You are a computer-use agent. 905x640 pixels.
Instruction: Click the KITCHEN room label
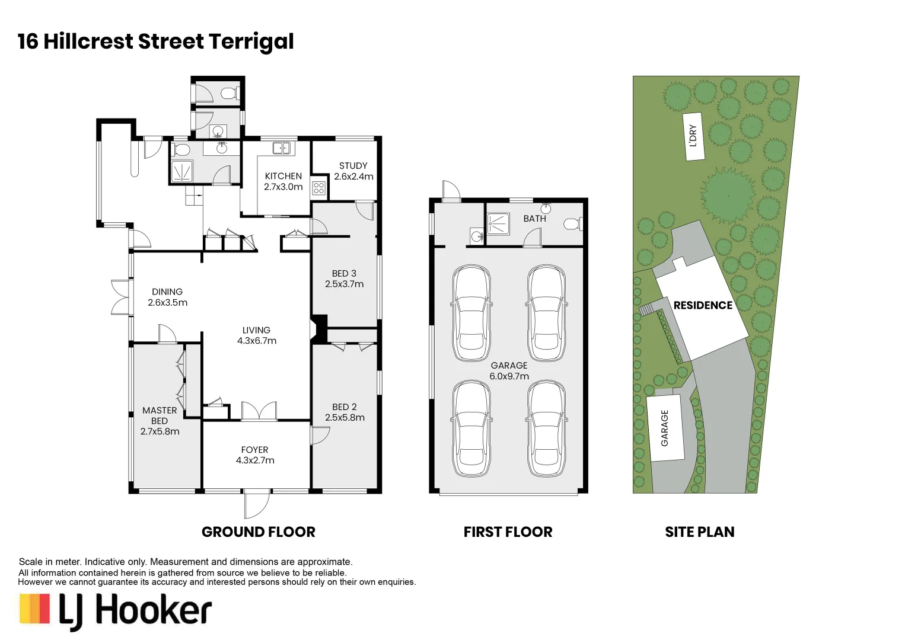pyautogui.click(x=283, y=176)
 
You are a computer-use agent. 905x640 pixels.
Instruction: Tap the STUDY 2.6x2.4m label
pyautogui.click(x=353, y=171)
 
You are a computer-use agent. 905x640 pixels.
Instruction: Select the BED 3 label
pyautogui.click(x=344, y=273)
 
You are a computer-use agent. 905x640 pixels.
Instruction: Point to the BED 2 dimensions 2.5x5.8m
pyautogui.click(x=345, y=418)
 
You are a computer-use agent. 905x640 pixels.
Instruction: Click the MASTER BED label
pyautogui.click(x=160, y=415)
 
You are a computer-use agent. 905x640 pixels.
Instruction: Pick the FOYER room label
pyautogui.click(x=254, y=450)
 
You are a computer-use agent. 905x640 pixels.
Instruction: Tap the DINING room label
pyautogui.click(x=167, y=292)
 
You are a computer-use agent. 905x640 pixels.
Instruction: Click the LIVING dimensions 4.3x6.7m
pyautogui.click(x=257, y=341)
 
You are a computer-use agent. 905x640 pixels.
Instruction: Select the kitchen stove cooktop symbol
pyautogui.click(x=319, y=188)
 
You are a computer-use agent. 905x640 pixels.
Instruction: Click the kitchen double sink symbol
pyautogui.click(x=281, y=148)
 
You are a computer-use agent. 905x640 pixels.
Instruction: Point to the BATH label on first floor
pyautogui.click(x=534, y=219)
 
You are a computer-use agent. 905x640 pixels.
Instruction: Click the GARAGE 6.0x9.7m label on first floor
pyautogui.click(x=509, y=371)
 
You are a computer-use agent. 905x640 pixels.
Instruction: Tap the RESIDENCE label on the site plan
pyautogui.click(x=703, y=305)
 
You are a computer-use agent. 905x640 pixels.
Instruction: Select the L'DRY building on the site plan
pyautogui.click(x=693, y=136)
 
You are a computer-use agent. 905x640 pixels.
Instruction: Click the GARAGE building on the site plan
pyautogui.click(x=665, y=428)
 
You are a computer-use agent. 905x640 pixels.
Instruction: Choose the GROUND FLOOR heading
pyautogui.click(x=259, y=532)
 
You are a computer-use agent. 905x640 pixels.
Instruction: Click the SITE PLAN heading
pyautogui.click(x=699, y=532)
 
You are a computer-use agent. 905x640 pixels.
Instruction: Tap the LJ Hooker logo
pyautogui.click(x=116, y=611)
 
